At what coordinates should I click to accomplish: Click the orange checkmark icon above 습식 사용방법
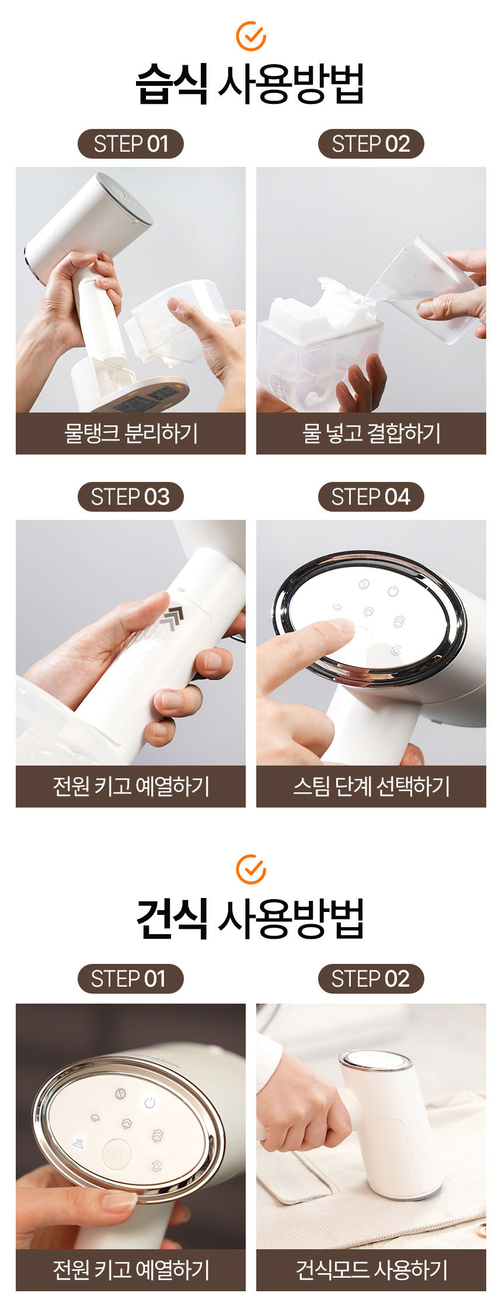click(x=251, y=36)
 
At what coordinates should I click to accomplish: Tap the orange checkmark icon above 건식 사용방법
click(x=251, y=869)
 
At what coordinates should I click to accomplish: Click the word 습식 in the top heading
click(x=172, y=84)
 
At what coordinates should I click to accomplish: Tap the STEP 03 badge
click(x=131, y=497)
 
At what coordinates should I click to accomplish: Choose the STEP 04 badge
click(x=371, y=497)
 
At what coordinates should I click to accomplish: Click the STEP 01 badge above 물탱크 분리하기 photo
click(x=131, y=144)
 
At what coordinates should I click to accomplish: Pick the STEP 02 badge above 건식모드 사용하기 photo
click(x=371, y=979)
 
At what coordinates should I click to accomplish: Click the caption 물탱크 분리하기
click(x=131, y=434)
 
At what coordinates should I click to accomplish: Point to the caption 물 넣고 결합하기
click(x=371, y=434)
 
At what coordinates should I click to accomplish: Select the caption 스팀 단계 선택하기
click(x=371, y=787)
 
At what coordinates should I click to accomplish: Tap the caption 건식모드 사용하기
click(x=371, y=1270)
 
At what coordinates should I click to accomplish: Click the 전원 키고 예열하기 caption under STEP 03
click(x=131, y=787)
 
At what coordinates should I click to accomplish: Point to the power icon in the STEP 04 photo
click(x=393, y=591)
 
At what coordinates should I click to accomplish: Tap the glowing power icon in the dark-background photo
click(x=150, y=1102)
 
